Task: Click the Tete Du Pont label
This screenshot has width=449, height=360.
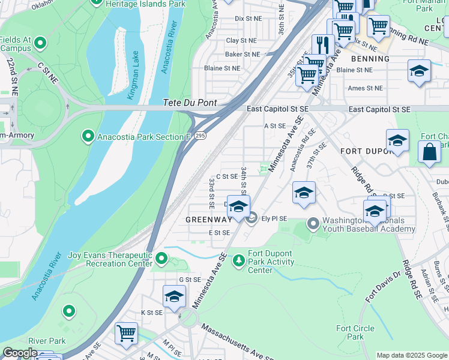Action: pyautogui.click(x=190, y=103)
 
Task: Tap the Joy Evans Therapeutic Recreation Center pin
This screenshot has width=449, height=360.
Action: pyautogui.click(x=161, y=259)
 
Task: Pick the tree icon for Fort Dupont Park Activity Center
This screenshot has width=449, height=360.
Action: pyautogui.click(x=239, y=259)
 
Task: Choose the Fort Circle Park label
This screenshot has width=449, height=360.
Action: pyautogui.click(x=355, y=332)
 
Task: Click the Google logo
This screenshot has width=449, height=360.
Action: pyautogui.click(x=20, y=353)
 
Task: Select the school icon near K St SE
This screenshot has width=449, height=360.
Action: pyautogui.click(x=174, y=296)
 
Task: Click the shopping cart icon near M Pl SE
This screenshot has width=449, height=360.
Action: pyautogui.click(x=126, y=333)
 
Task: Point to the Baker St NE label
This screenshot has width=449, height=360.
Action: pyautogui.click(x=243, y=55)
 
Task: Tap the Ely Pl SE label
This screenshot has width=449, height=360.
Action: pyautogui.click(x=274, y=218)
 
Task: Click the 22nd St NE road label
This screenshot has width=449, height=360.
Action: pyautogui.click(x=13, y=76)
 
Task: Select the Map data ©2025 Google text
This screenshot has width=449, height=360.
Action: pyautogui.click(x=411, y=355)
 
